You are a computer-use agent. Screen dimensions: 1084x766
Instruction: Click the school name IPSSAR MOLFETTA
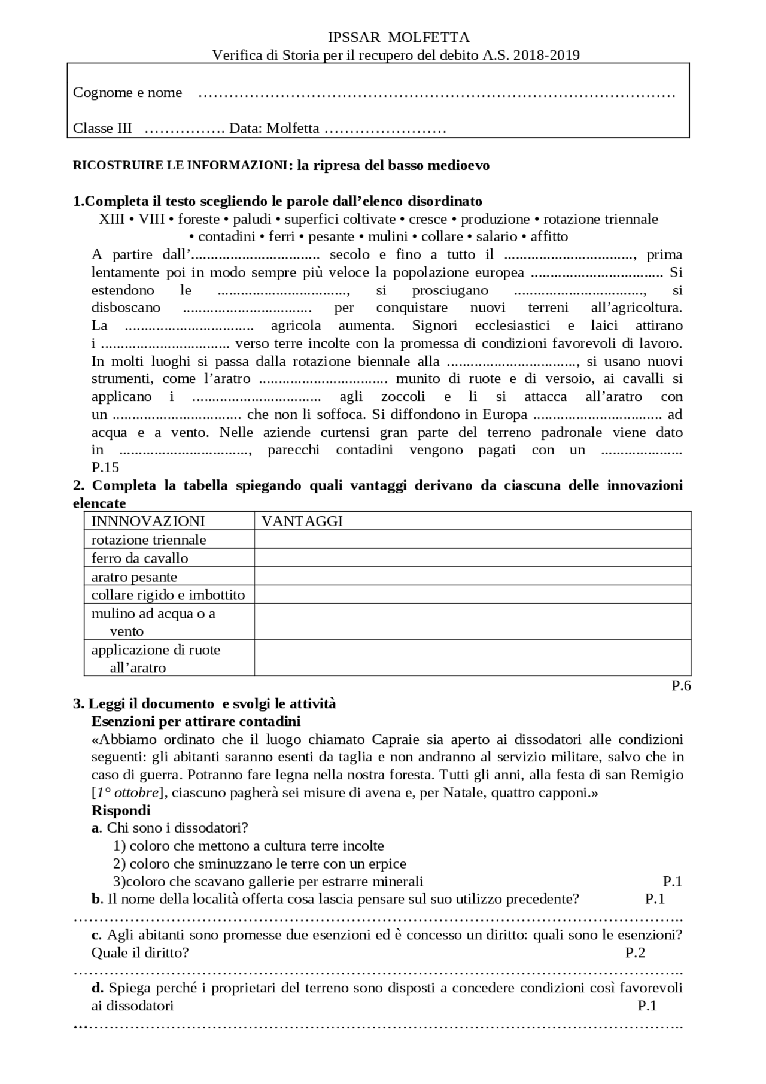pos(399,38)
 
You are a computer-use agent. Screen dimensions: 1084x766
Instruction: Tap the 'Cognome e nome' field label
pos(127,93)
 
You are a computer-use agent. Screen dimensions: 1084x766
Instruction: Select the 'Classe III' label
pos(102,129)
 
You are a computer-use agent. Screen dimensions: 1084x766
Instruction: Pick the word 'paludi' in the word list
pos(252,219)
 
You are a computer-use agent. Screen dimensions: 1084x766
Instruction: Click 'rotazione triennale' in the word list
pos(600,219)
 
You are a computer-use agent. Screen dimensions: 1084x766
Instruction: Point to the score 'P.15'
pos(105,467)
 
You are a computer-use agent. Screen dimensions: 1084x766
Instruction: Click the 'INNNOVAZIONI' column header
pos(148,521)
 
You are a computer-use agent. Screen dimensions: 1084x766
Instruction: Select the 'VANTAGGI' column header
pos(302,521)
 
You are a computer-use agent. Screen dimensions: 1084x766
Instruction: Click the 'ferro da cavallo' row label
pos(139,558)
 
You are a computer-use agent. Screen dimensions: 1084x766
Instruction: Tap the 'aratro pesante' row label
pos(134,577)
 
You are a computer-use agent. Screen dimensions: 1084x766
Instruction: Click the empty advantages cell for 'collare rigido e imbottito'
pos(472,594)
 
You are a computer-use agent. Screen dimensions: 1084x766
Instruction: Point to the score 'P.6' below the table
pos(681,686)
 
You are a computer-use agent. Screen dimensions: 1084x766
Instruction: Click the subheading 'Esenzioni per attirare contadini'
pos(196,721)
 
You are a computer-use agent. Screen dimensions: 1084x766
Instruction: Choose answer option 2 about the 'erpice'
pos(260,864)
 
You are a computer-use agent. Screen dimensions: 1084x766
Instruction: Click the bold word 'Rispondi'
pos(121,811)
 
